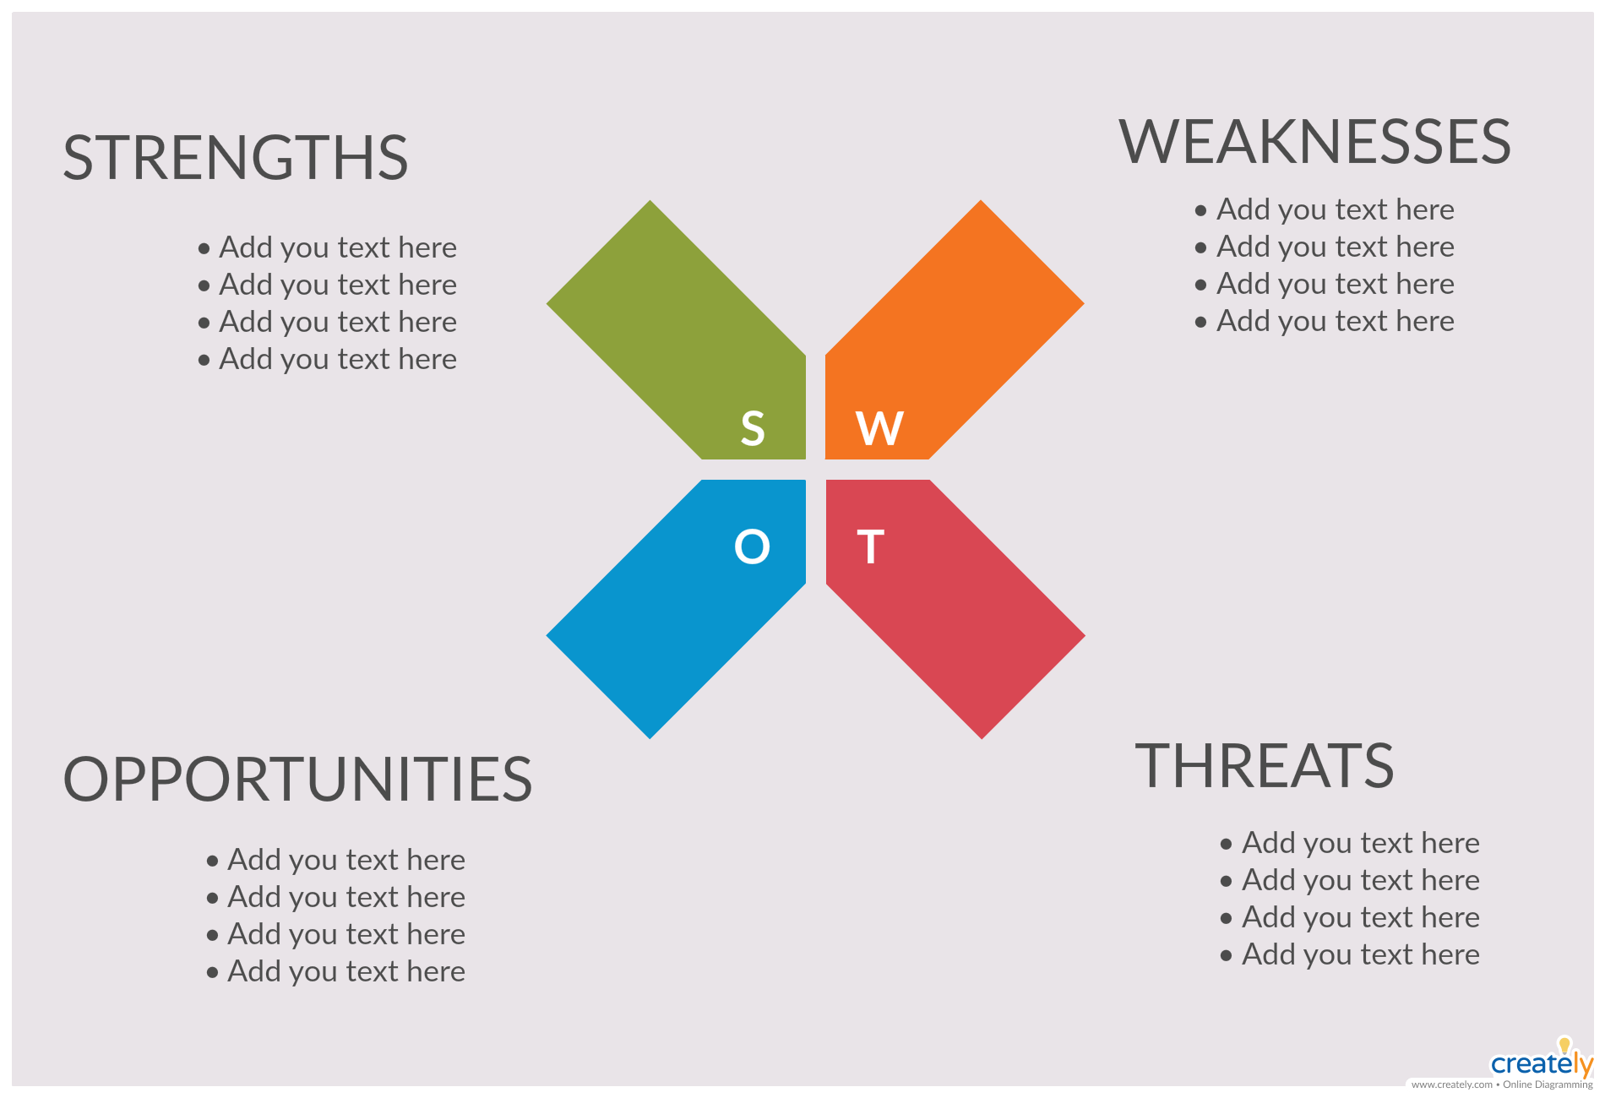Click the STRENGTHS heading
pos(236,158)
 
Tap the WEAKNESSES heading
pos(1315,142)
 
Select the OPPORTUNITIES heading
pos(297,779)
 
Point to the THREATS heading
pos(1264,766)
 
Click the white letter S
pos(753,428)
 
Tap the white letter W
pos(879,428)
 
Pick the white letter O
pos(752,546)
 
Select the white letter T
pos(870,546)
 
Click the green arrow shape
pos(684,338)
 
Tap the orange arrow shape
pos(946,338)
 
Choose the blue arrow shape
pos(684,601)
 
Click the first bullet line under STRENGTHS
pos(328,248)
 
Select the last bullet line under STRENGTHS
pos(328,360)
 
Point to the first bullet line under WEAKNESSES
pos(1325,210)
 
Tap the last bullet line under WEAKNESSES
pos(1325,322)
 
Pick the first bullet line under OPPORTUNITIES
pos(336,861)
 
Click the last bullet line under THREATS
pos(1350,955)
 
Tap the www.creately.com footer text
pos(1451,1085)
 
